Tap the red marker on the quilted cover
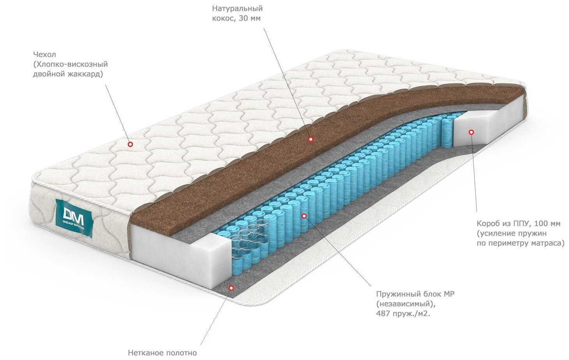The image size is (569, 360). pos(131,144)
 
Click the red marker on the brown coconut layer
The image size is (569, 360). pos(311,139)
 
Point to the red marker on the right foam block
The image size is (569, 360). pos(471,132)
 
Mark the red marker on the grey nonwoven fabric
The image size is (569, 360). pos(231,288)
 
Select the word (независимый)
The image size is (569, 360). pos(404,304)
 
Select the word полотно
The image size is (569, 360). pos(181,353)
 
